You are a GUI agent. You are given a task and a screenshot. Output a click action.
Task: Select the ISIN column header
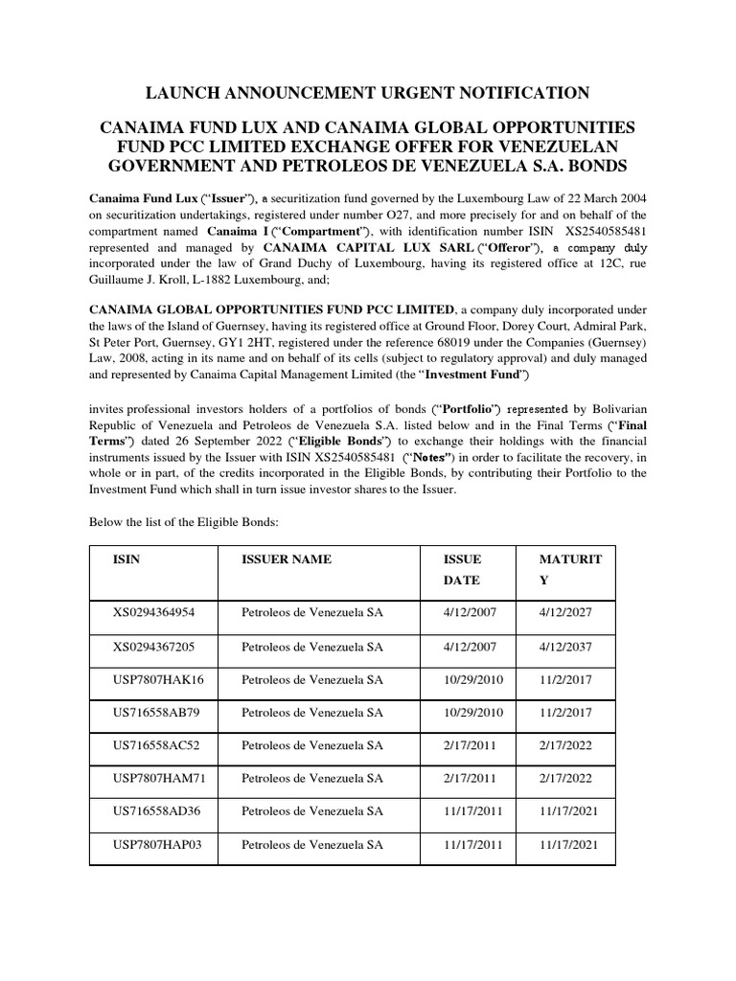126,559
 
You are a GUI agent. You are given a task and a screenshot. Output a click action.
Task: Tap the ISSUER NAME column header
287,559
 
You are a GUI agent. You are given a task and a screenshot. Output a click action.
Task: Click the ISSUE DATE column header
462,569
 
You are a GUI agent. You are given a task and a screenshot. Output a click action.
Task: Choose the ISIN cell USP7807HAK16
159,679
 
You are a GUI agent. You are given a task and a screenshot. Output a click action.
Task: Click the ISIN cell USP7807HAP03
158,844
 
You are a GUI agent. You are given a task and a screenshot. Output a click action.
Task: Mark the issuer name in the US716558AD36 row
311,810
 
